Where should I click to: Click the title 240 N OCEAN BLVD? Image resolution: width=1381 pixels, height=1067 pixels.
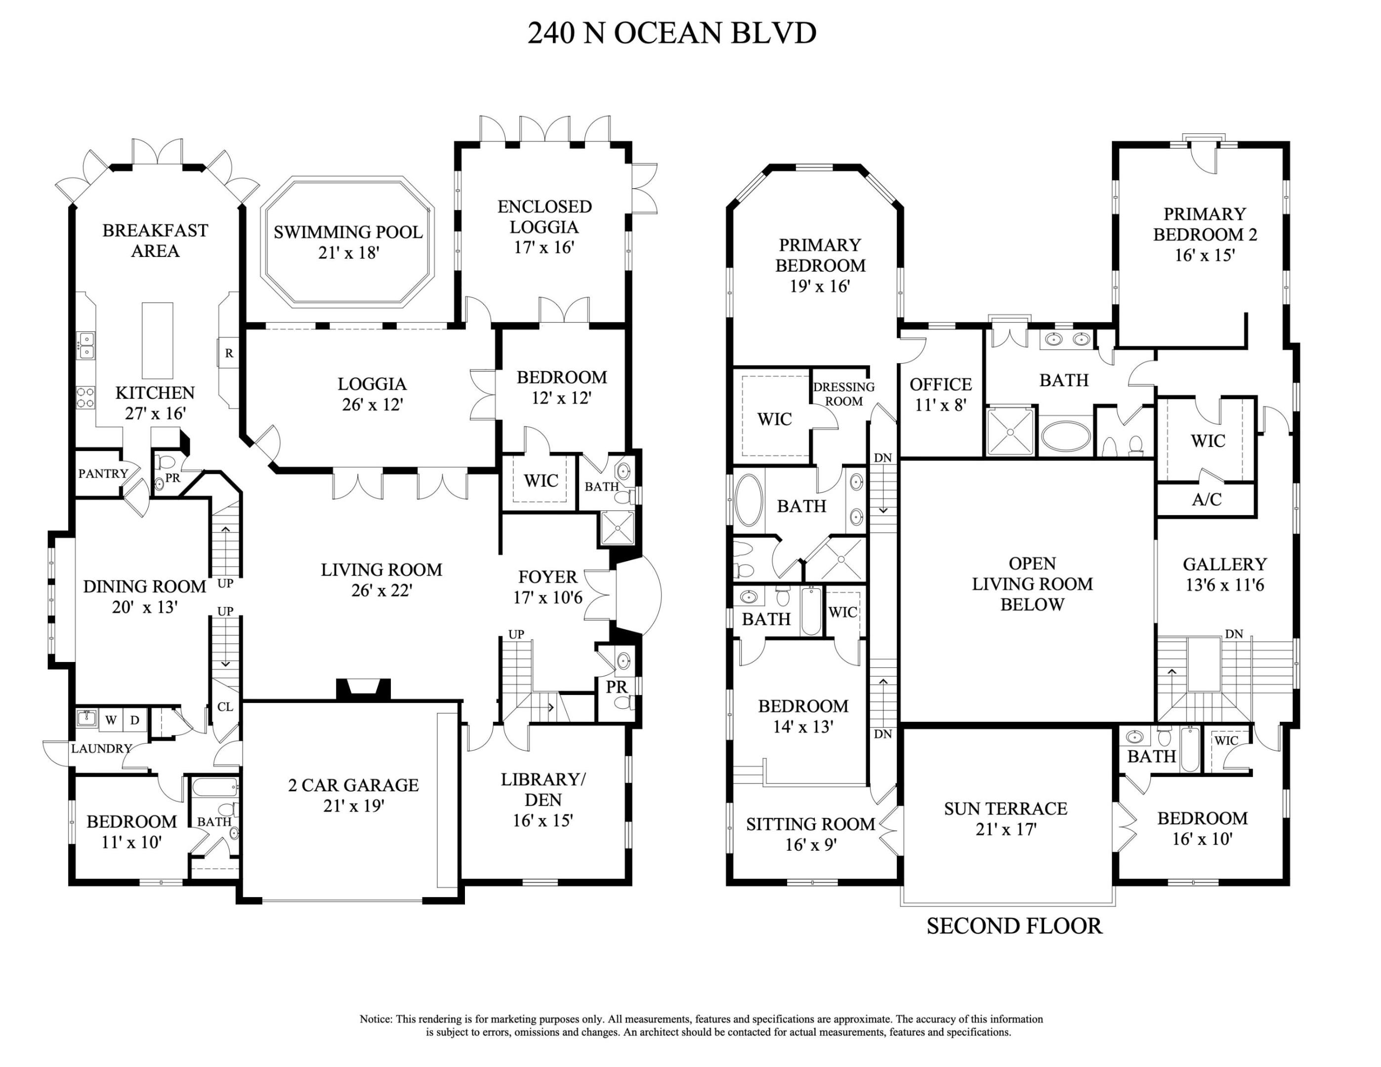coord(671,33)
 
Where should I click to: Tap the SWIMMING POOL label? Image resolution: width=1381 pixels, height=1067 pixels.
coord(348,232)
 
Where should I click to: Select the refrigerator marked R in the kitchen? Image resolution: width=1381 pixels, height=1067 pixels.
coord(229,353)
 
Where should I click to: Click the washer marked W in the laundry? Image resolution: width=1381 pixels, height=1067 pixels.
coord(111,720)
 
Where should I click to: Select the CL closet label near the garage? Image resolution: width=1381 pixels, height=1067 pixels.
coord(225,707)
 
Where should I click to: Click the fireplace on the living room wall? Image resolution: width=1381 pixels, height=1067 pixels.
coord(363,689)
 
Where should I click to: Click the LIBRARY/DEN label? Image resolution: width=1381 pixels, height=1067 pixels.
coord(543,789)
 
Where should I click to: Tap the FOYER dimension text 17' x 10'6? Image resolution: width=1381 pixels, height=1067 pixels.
coord(547,597)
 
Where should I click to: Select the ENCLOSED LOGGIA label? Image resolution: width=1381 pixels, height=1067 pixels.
coord(544,217)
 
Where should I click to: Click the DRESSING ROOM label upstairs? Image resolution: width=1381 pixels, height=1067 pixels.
coord(843,394)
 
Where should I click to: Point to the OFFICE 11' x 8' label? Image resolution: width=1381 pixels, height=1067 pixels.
coord(940,394)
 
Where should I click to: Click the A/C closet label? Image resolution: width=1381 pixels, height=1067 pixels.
coord(1207,499)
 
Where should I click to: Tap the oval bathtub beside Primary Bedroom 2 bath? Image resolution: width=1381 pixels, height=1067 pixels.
coord(1065,436)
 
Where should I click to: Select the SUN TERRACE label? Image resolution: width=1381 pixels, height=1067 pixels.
coord(1005,809)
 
